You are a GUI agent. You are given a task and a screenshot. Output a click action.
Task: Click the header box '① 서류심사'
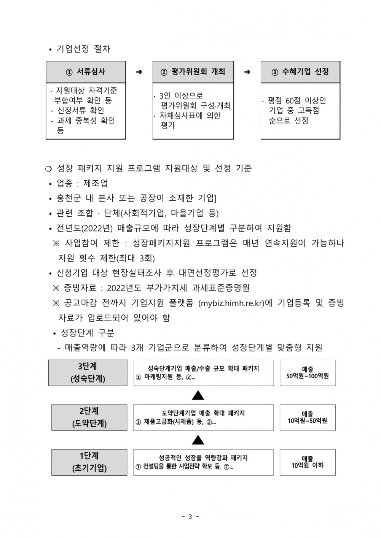click(x=86, y=72)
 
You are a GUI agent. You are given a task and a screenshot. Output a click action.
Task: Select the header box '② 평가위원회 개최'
click(x=193, y=72)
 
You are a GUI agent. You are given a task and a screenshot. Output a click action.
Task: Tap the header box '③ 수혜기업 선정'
click(x=300, y=72)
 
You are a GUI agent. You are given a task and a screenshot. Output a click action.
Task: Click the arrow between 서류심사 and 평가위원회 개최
click(x=139, y=72)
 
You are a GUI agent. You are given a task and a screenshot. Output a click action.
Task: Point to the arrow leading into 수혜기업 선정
click(x=247, y=72)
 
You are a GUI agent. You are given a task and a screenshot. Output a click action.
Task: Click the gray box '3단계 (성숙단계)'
click(x=88, y=373)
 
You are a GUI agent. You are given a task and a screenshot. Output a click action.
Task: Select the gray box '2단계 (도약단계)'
click(x=89, y=417)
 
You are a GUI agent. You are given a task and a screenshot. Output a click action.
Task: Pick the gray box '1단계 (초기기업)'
click(x=89, y=462)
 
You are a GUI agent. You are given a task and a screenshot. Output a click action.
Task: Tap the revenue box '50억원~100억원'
click(x=308, y=373)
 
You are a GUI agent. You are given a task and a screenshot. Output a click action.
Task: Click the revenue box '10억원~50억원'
click(x=308, y=417)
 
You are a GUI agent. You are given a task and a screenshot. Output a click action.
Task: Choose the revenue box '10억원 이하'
click(x=308, y=462)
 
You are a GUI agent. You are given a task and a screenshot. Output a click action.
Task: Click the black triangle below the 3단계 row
click(x=198, y=395)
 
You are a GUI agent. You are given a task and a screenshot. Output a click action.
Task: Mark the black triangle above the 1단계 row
click(x=198, y=440)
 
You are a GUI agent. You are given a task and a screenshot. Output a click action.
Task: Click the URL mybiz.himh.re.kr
click(x=231, y=303)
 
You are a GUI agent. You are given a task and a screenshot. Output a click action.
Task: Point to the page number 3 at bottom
click(x=190, y=516)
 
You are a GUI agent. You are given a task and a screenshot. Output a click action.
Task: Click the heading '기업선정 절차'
click(x=83, y=49)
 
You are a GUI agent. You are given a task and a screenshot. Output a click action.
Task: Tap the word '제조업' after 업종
click(x=96, y=183)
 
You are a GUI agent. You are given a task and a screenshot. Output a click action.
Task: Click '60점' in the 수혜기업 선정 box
click(x=293, y=101)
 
